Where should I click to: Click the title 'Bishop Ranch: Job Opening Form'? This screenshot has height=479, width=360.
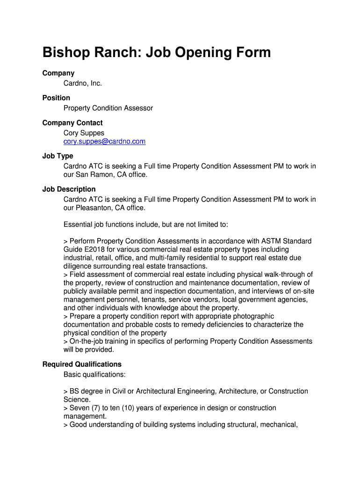pyautogui.click(x=156, y=52)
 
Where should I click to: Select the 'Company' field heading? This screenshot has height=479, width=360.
pyautogui.click(x=58, y=73)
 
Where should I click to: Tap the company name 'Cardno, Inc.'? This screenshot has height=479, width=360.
pyautogui.click(x=82, y=83)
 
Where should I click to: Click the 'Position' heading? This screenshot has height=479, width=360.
pyautogui.click(x=56, y=98)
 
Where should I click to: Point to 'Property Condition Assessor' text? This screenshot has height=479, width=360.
pyautogui.click(x=108, y=108)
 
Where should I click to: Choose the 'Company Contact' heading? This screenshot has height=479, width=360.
pyautogui.click(x=72, y=123)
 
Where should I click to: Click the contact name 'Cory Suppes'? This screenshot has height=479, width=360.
pyautogui.click(x=84, y=133)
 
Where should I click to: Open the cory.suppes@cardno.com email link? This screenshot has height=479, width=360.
pyautogui.click(x=104, y=141)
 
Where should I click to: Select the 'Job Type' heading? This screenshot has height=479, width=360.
pyautogui.click(x=58, y=156)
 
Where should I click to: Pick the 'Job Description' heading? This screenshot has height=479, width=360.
pyautogui.click(x=69, y=189)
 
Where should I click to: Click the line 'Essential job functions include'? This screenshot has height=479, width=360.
pyautogui.click(x=145, y=225)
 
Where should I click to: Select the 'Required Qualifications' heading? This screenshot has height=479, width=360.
pyautogui.click(x=82, y=364)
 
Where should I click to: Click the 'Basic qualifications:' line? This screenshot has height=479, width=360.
pyautogui.click(x=94, y=374)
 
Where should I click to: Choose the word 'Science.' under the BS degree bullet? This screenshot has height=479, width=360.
pyautogui.click(x=77, y=399)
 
